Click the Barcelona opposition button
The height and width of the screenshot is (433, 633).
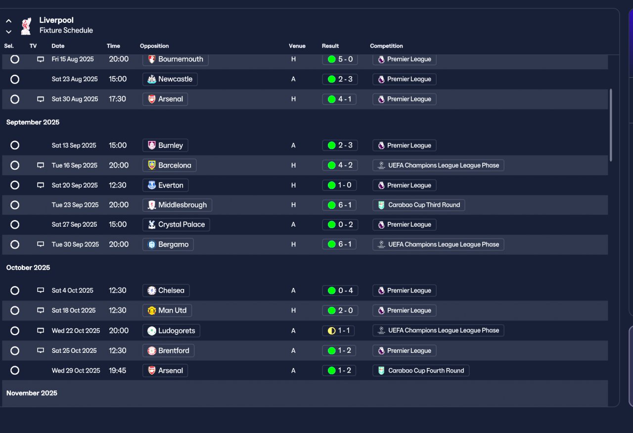[170, 165]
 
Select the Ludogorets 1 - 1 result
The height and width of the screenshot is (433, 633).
[339, 331]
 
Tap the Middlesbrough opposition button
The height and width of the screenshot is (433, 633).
[178, 205]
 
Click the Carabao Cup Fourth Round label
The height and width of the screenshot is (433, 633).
[420, 371]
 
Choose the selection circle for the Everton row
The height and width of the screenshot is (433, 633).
[15, 185]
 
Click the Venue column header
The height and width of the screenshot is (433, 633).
[297, 46]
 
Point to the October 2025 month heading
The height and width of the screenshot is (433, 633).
[28, 268]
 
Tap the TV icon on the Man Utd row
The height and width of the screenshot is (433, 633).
[41, 311]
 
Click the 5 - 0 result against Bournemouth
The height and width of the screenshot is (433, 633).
[339, 59]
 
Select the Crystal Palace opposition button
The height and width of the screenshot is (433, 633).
[176, 225]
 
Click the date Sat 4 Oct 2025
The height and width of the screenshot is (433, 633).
[73, 290]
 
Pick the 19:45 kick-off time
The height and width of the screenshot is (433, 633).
[118, 371]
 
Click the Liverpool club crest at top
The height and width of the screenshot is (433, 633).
[26, 26]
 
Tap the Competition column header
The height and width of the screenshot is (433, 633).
[386, 46]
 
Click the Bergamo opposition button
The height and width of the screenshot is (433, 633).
[168, 244]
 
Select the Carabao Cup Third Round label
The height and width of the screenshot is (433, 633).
[418, 205]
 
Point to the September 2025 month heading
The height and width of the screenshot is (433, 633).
[33, 122]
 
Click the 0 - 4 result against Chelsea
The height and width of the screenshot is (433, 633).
[339, 290]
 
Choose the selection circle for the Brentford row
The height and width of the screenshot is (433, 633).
[15, 351]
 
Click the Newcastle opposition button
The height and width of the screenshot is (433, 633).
[170, 79]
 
